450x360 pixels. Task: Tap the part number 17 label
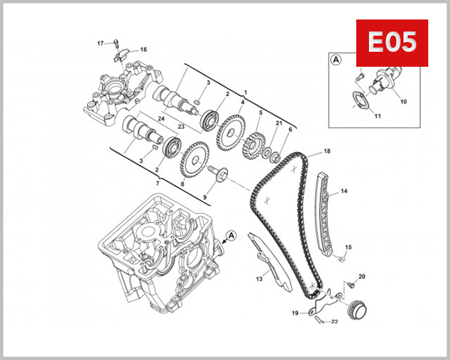(100, 43)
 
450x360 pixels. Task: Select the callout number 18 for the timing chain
(327, 151)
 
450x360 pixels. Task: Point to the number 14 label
(344, 192)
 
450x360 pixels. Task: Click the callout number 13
(259, 278)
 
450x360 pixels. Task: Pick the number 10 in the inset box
(403, 100)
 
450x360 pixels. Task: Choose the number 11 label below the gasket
(378, 116)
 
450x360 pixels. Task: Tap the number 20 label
(362, 277)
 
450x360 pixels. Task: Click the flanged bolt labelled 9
(221, 175)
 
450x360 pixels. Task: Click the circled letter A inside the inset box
(335, 58)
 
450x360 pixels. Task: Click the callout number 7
(157, 183)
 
